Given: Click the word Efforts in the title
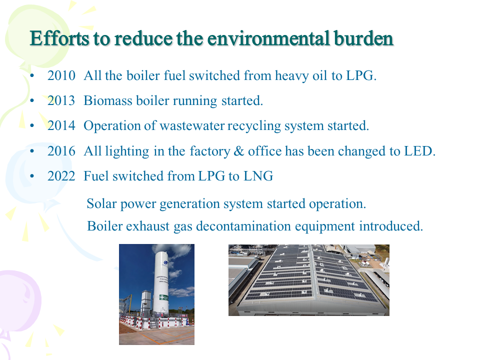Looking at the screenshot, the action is pyautogui.click(x=59, y=38).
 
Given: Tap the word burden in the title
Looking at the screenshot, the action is pyautogui.click(x=363, y=38).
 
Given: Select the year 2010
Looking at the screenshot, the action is pyautogui.click(x=61, y=75).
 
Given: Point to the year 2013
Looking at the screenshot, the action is pyautogui.click(x=61, y=100).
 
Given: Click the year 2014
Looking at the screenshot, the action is pyautogui.click(x=61, y=126).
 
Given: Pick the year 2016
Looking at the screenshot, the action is pyautogui.click(x=61, y=151).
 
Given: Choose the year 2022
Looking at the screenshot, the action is pyautogui.click(x=61, y=176).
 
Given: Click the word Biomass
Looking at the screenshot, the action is pyautogui.click(x=108, y=100).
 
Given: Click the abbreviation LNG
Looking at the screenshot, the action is pyautogui.click(x=258, y=176).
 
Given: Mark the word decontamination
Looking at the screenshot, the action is pyautogui.click(x=243, y=226).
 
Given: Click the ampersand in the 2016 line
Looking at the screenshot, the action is pyautogui.click(x=238, y=151).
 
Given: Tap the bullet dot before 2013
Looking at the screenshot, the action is pyautogui.click(x=32, y=100).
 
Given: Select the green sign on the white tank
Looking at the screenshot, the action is pyautogui.click(x=164, y=297).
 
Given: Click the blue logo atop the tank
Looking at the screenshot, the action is pyautogui.click(x=166, y=262).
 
